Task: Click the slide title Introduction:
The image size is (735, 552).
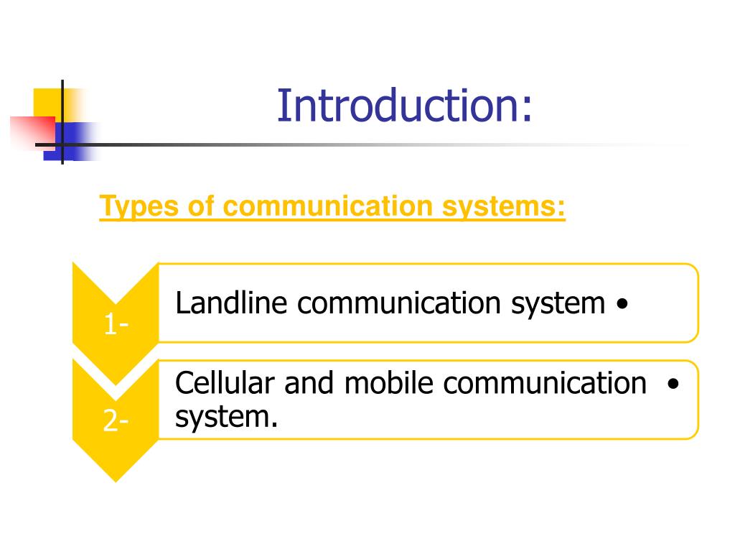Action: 406,105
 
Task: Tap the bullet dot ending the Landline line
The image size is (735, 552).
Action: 622,305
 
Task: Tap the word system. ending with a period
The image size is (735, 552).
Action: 226,416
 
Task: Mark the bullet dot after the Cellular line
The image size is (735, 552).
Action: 672,384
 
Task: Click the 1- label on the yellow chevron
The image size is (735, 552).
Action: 116,326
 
